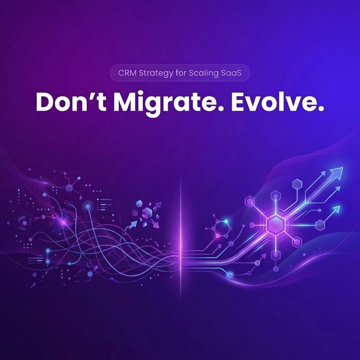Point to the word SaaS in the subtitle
pyautogui.click(x=233, y=74)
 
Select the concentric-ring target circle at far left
pyautogui.click(x=24, y=223)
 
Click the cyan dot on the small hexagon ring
pyautogui.click(x=226, y=221)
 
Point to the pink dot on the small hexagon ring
pyautogui.click(x=218, y=236)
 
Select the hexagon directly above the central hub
pyautogui.click(x=276, y=194)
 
